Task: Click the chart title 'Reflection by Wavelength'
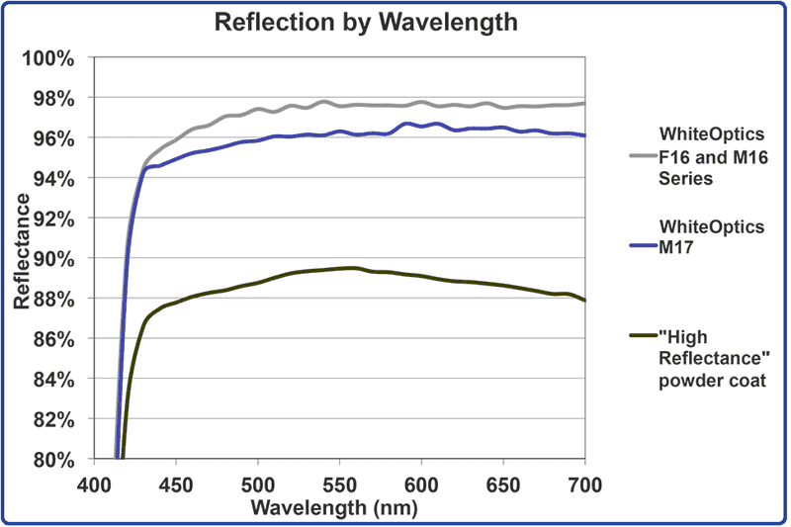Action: pyautogui.click(x=367, y=22)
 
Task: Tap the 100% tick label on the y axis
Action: pyautogui.click(x=50, y=57)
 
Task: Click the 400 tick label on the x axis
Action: pyautogui.click(x=93, y=485)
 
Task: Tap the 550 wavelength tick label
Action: pyautogui.click(x=339, y=485)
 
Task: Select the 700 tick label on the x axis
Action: pyautogui.click(x=584, y=485)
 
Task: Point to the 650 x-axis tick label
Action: pyautogui.click(x=503, y=485)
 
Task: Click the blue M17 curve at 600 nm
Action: pyautogui.click(x=421, y=126)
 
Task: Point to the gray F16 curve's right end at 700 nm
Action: pyautogui.click(x=584, y=103)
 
